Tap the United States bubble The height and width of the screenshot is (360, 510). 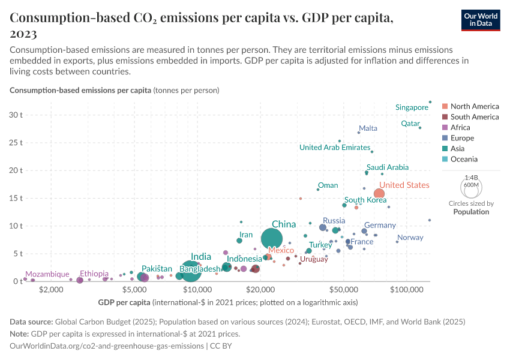pos(379,193)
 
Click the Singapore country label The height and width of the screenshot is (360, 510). pos(412,107)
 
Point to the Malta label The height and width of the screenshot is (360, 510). pos(368,128)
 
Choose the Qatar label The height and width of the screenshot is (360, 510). pos(410,124)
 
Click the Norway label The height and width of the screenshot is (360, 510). pos(410,238)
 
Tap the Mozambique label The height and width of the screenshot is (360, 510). pos(47,274)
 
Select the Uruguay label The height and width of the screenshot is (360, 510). pos(314,259)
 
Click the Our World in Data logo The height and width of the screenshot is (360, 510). pos(480,20)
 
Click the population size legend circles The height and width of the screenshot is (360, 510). pos(471,187)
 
